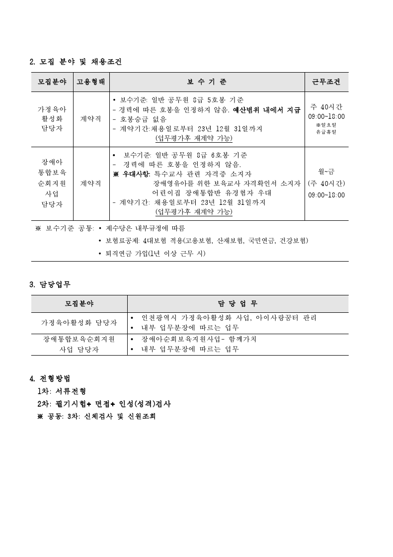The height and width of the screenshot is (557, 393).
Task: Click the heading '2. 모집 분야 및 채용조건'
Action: tap(76, 62)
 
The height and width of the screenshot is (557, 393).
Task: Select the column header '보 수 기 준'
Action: tap(207, 82)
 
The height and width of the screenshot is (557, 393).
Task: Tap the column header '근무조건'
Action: tap(326, 82)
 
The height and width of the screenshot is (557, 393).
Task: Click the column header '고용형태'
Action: tap(91, 82)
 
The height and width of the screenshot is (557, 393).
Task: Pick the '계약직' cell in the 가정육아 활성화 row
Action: tap(91, 119)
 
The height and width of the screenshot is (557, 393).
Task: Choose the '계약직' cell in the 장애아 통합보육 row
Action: tap(91, 183)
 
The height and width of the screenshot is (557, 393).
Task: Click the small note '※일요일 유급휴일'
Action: tap(326, 128)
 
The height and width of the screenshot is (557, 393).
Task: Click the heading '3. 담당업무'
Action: tap(50, 285)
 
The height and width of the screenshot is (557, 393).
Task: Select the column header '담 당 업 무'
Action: tap(237, 303)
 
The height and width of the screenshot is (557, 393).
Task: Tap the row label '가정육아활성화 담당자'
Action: tap(79, 322)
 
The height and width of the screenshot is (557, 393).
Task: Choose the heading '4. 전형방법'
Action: tap(50, 378)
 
